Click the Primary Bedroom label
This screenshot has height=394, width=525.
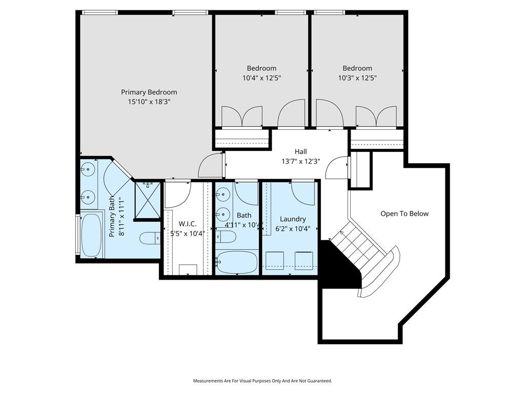tap(149, 92)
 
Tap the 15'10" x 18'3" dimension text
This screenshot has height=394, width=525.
tap(149, 102)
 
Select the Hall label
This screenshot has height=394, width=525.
tap(300, 151)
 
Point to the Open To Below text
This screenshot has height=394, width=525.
tap(405, 214)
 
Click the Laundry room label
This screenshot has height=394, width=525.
tap(293, 219)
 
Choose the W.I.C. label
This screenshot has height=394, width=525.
tap(188, 224)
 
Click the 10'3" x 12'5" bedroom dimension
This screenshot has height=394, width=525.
tap(357, 78)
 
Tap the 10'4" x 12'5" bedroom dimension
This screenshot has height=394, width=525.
tap(261, 78)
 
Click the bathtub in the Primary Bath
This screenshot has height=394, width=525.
tap(91, 235)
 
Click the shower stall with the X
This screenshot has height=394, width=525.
tap(147, 200)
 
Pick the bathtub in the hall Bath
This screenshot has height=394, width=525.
tap(237, 262)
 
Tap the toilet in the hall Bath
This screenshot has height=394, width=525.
tap(226, 237)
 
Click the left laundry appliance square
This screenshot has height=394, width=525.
tap(275, 260)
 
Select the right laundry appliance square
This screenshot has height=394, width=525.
tap(304, 260)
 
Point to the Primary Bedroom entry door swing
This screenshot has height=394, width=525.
tap(210, 165)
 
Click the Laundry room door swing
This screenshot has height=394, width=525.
tap(303, 193)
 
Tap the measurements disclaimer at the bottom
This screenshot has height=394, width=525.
tap(262, 381)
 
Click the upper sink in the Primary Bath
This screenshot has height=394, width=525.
tap(88, 169)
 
